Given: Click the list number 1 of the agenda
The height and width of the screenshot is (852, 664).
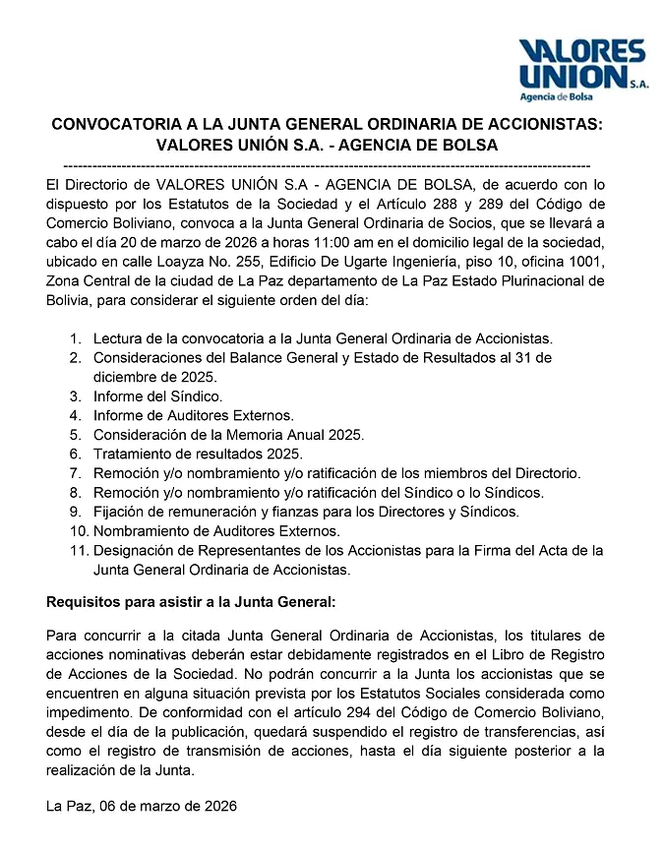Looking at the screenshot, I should [x=75, y=338].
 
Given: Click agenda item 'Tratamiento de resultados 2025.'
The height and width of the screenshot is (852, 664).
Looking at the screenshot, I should [x=198, y=454].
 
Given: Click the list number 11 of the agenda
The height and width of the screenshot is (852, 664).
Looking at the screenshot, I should [x=78, y=549].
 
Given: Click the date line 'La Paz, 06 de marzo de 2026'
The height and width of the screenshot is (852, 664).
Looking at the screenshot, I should [x=142, y=806].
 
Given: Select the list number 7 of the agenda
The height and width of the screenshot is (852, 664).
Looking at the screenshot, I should [x=75, y=472].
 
